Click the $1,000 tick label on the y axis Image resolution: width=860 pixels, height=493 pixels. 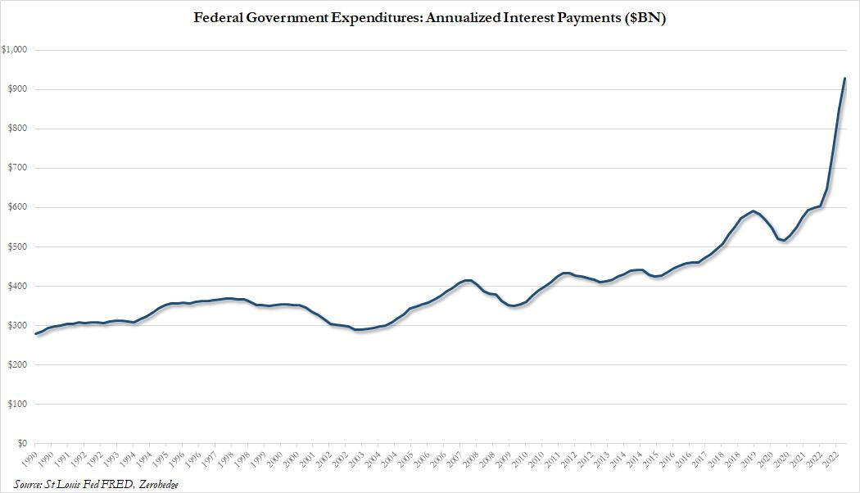[16, 50]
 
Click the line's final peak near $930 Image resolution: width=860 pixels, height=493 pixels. [844, 79]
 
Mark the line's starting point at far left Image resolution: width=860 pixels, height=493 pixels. [36, 334]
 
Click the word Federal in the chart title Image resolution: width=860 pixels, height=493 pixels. [216, 17]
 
